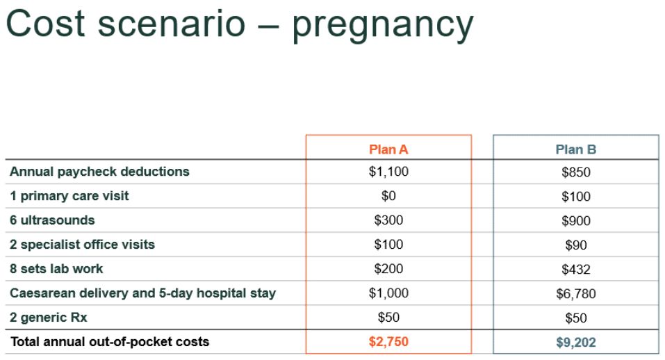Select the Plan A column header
388,149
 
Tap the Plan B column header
576,149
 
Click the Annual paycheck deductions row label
99,172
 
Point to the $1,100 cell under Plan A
388,172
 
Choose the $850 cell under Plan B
576,172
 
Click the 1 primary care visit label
69,196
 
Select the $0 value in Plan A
388,196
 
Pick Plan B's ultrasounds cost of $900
576,221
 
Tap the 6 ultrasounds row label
52,220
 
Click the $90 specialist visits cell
576,245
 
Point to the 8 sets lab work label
56,269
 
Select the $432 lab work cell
576,270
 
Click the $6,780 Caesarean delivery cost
576,294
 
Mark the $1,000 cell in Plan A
388,293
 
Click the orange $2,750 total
388,342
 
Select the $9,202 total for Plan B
576,343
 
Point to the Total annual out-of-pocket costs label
109,342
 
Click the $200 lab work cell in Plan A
388,269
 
